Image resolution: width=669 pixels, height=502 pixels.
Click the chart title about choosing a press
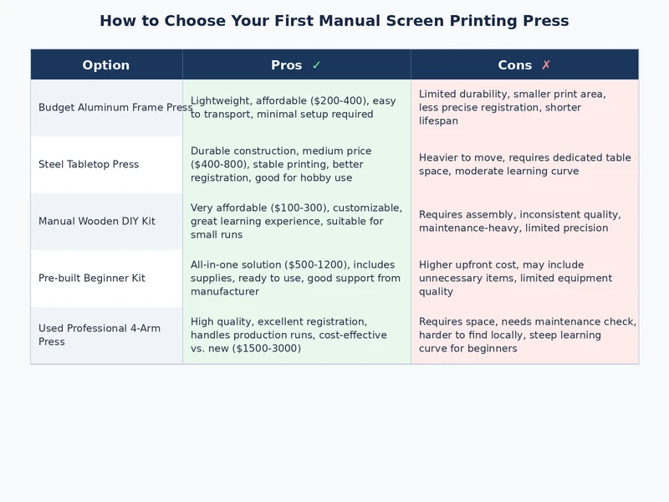[334, 21]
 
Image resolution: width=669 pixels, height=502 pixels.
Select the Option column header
[105, 65]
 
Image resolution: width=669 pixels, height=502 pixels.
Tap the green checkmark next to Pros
[316, 65]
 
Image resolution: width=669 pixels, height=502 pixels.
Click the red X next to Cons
[546, 65]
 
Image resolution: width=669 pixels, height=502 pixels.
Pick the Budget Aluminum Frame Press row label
[115, 108]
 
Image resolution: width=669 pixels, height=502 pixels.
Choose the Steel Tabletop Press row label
[89, 165]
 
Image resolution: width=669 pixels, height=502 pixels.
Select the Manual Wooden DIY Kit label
[96, 222]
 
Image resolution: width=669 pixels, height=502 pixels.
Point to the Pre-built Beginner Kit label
[92, 279]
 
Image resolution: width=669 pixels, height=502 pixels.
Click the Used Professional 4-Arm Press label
[99, 335]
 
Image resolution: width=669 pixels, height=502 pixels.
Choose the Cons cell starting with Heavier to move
[524, 165]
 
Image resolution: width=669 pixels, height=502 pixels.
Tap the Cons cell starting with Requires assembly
[519, 222]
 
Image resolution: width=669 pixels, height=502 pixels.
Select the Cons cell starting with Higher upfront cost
[515, 279]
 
